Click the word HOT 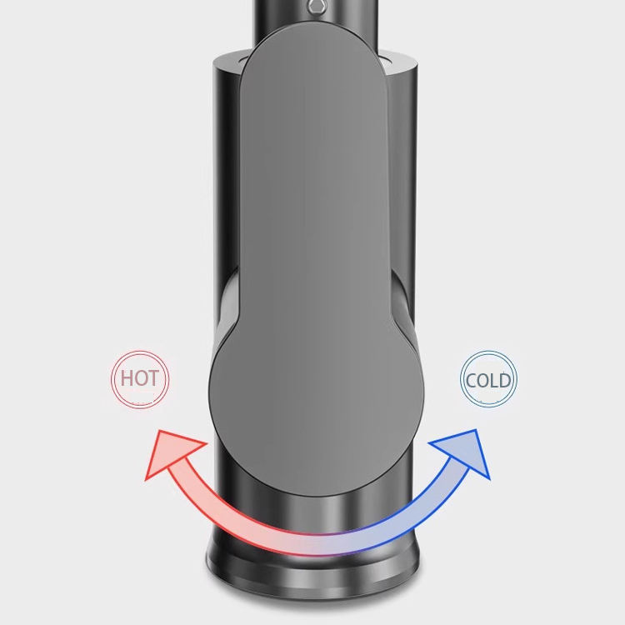click(139, 378)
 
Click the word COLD click(488, 380)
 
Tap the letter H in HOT click(127, 378)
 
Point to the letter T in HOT click(153, 378)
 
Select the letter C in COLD click(471, 381)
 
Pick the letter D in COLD click(505, 381)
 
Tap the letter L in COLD click(494, 381)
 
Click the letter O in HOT click(140, 378)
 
